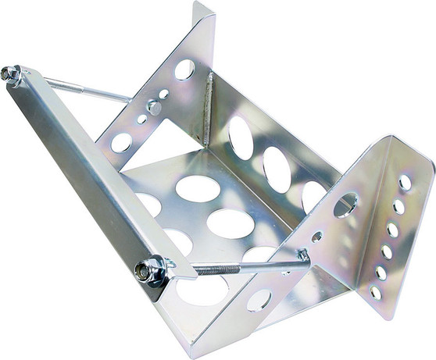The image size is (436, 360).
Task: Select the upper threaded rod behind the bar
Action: (86, 88)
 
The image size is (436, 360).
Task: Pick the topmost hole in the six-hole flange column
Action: (405, 183)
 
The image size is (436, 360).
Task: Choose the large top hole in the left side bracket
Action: (184, 69)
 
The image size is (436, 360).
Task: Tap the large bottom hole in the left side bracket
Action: (121, 142)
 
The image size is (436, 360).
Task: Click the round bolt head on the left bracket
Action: (154, 108)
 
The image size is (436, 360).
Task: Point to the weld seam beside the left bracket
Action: (208, 102)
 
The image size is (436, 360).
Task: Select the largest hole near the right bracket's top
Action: (345, 205)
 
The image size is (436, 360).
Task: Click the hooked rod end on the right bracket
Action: (302, 256)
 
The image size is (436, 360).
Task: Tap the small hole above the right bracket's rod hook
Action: (316, 236)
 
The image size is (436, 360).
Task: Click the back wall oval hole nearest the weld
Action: (240, 138)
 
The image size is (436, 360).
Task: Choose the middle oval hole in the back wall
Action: (276, 169)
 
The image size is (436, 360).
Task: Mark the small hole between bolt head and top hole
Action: (164, 94)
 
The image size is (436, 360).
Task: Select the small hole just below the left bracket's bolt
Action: (141, 120)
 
